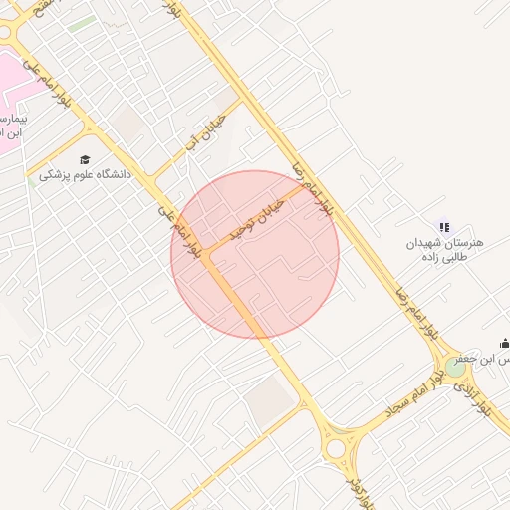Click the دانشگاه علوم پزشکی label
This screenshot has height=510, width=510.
(85, 175)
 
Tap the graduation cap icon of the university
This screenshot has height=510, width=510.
(85, 159)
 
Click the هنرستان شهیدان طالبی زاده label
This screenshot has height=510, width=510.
(444, 248)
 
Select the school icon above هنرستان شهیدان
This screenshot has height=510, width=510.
(444, 227)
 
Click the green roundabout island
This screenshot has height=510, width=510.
(455, 367)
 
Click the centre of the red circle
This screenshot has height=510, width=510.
(255, 254)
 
